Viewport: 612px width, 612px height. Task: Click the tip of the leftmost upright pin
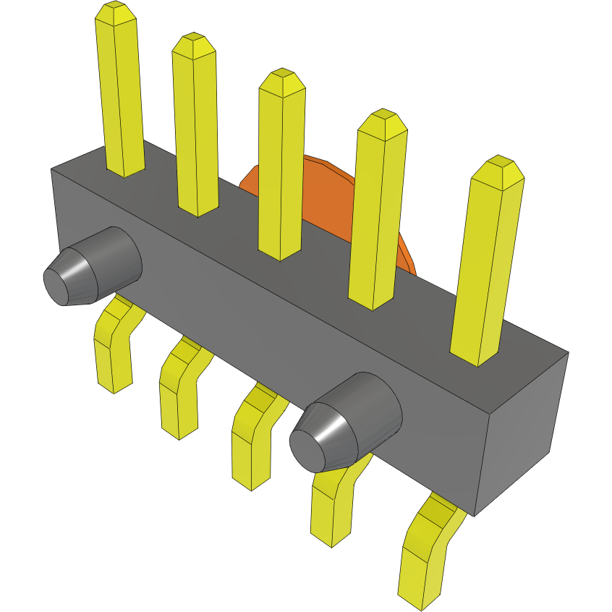pyautogui.click(x=115, y=13)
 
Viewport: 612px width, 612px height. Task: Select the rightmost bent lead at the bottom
pyautogui.click(x=423, y=557)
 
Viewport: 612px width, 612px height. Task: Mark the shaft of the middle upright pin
pyautogui.click(x=281, y=174)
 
